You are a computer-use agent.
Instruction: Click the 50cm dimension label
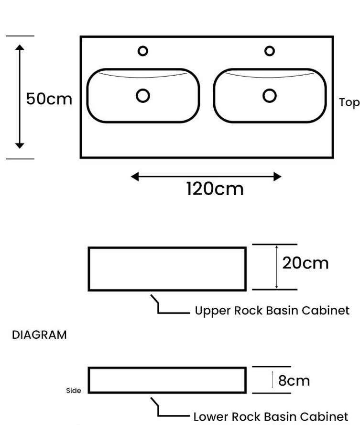click(x=49, y=99)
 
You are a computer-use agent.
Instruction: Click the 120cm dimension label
click(x=215, y=189)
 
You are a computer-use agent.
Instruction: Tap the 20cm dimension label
click(x=305, y=263)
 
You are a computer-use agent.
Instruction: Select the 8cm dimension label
click(x=294, y=380)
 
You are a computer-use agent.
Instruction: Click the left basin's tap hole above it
click(x=142, y=51)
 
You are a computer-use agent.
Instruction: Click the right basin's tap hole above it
click(x=269, y=51)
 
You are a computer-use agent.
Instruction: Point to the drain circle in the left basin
click(x=142, y=96)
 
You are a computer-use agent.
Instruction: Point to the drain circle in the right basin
click(x=269, y=96)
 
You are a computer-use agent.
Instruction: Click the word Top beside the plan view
click(x=349, y=102)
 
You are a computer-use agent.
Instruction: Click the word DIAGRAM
click(x=39, y=335)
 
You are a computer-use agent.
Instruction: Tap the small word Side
click(x=74, y=391)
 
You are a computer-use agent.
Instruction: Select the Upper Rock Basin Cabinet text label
click(x=272, y=311)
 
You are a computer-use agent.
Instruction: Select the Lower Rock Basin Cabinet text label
click(x=271, y=417)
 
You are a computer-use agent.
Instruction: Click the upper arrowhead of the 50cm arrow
click(x=20, y=47)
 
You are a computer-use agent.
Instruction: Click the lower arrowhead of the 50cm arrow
click(x=20, y=145)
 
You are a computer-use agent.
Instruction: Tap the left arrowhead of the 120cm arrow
click(x=135, y=177)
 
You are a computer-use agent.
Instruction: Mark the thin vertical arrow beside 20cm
click(x=276, y=267)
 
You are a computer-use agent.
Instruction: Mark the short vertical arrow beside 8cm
click(x=273, y=380)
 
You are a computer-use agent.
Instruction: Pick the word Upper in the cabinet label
click(x=213, y=311)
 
